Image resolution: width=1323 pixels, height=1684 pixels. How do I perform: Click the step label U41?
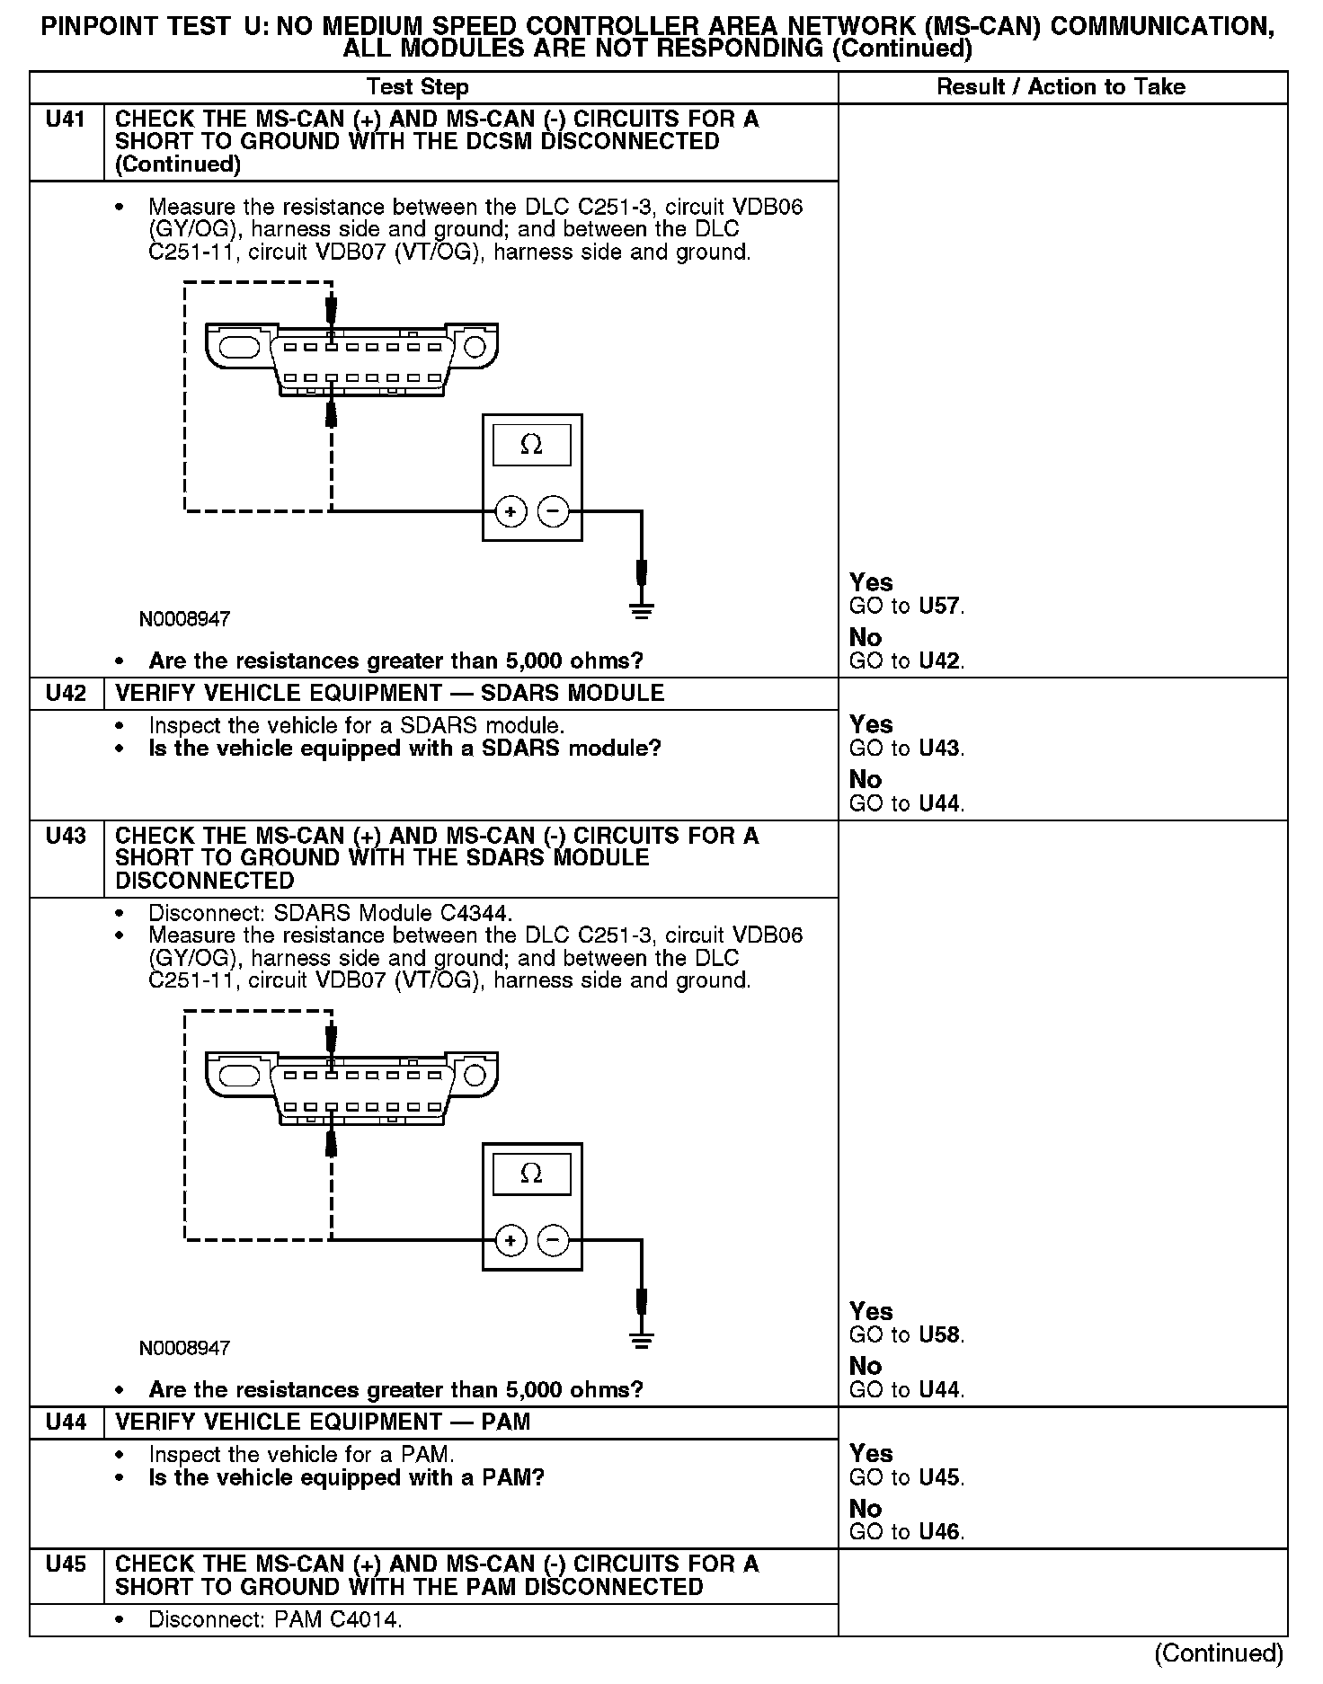66,119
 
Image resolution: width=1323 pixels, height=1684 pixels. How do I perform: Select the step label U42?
66,693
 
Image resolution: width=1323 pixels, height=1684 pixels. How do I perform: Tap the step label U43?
66,836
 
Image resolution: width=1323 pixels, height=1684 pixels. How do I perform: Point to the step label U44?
66,1421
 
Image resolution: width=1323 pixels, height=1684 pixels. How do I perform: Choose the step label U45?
66,1564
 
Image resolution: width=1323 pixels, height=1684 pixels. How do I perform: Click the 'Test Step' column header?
417,87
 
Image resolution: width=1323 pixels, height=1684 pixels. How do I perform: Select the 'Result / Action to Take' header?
1061,87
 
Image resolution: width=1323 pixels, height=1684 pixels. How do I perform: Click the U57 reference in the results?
940,606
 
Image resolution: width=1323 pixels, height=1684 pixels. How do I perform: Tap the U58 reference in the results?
940,1334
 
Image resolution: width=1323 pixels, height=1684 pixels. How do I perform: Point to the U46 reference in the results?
940,1532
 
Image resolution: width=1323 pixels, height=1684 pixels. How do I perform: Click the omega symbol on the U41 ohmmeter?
531,445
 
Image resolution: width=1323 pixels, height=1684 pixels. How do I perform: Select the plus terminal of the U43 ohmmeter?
511,1241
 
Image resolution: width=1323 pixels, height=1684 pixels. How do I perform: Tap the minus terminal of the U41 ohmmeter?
554,512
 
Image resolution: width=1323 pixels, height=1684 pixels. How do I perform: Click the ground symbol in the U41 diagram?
641,612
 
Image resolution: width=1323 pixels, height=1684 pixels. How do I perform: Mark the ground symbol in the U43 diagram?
641,1341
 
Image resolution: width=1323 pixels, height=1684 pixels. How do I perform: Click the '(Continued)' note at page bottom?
1218,1653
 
